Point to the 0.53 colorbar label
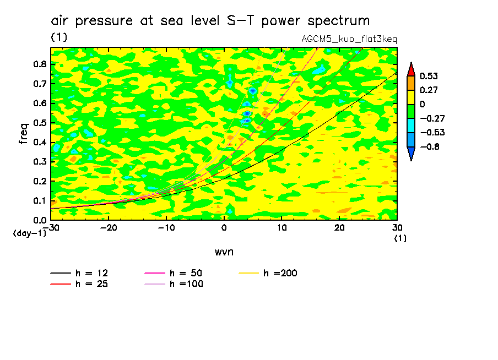429,75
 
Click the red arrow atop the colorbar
410,69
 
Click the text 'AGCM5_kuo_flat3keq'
349,40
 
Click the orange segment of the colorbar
410,83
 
